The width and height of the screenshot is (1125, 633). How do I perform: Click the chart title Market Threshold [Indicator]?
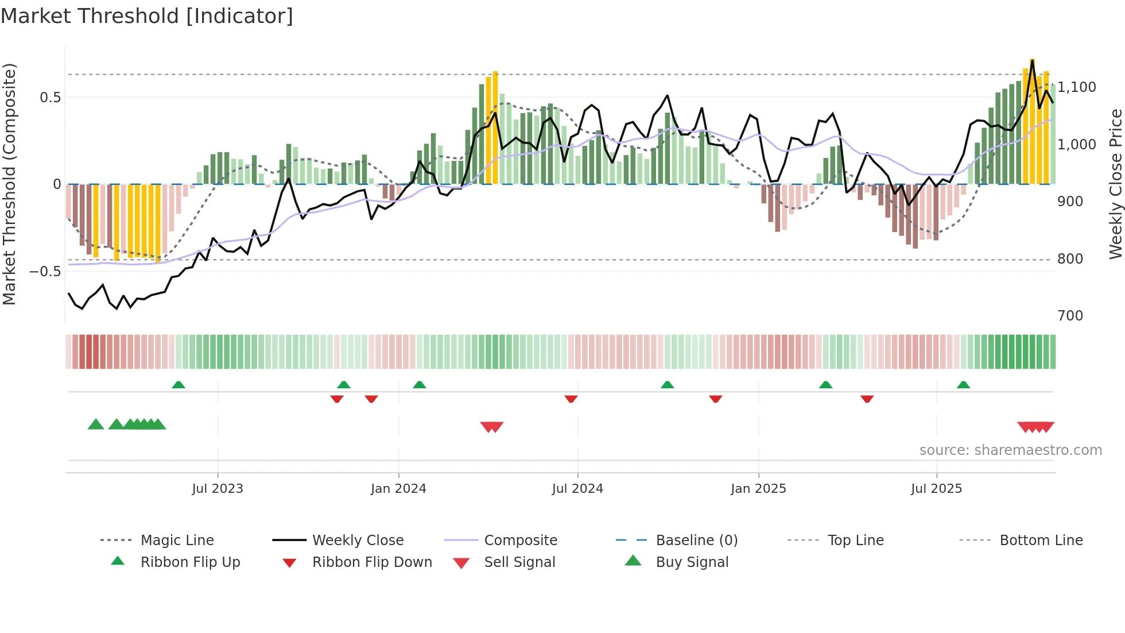point(147,16)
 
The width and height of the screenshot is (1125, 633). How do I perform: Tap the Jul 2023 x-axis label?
point(218,489)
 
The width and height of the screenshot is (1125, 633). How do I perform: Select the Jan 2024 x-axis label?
point(398,489)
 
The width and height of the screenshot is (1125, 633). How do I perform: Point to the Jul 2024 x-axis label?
point(577,489)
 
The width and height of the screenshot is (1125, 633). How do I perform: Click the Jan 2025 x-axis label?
point(758,489)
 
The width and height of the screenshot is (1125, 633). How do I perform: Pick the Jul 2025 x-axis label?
point(936,489)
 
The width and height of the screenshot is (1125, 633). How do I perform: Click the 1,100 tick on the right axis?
point(1077,87)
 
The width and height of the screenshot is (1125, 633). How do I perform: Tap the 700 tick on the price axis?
point(1070,316)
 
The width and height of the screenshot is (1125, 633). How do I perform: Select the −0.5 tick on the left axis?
point(45,271)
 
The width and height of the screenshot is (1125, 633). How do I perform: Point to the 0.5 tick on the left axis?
point(50,98)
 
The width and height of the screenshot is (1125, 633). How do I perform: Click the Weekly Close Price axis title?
point(1115,184)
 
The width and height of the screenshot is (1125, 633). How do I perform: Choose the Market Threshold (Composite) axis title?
point(9,184)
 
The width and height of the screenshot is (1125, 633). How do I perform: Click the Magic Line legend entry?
point(177,541)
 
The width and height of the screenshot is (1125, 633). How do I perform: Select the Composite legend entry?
point(520,541)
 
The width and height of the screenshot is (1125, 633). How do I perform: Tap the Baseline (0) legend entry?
point(696,541)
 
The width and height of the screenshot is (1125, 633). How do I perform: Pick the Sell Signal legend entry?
point(519,562)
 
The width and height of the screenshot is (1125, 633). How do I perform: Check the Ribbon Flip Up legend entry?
point(190,562)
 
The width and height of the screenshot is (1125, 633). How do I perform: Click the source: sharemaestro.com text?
point(1010,450)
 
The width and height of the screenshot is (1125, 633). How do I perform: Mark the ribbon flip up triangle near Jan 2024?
point(420,385)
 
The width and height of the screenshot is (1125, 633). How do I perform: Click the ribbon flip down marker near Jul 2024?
point(571,399)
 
